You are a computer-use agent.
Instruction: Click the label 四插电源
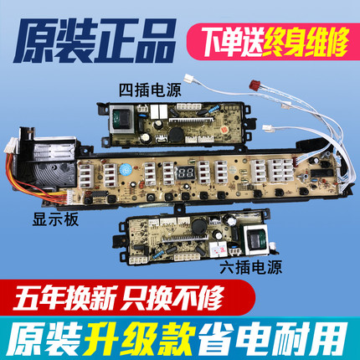tap(150, 90)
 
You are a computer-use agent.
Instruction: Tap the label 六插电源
tap(250, 267)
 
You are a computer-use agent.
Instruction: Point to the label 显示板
tap(55, 219)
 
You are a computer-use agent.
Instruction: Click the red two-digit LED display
tap(186, 173)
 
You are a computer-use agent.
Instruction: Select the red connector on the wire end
tap(255, 84)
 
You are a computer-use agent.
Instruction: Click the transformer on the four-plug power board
tap(122, 119)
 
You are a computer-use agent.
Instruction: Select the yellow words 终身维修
tap(305, 42)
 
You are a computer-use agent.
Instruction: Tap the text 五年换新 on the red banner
tap(65, 297)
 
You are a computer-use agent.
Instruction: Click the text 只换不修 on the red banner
tap(173, 297)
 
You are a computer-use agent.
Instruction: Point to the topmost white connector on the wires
tap(190, 78)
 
